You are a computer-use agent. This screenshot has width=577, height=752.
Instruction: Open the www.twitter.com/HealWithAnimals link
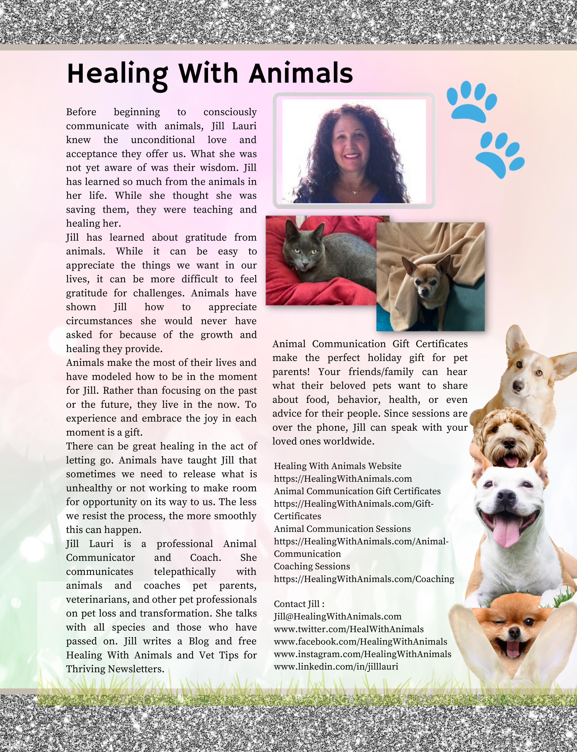(x=349, y=629)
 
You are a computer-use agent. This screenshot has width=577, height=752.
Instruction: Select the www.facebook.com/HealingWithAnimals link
(x=360, y=641)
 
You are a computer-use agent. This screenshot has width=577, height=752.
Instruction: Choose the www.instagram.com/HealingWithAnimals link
(x=362, y=654)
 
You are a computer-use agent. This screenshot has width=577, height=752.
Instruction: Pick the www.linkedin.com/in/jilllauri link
(x=336, y=666)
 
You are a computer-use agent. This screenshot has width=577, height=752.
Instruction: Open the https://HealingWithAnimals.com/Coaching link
(x=364, y=579)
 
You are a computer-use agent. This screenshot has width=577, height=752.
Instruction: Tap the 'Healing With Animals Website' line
(x=337, y=466)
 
